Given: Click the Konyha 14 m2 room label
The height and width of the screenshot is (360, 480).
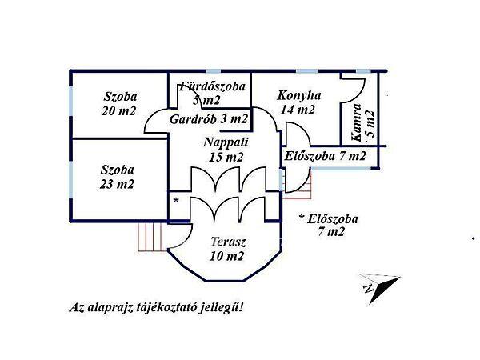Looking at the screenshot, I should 299,102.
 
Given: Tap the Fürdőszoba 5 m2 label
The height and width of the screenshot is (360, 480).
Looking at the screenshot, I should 212,93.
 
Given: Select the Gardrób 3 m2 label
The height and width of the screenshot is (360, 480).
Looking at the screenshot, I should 209,118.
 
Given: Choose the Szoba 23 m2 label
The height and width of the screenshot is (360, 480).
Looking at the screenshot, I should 118,177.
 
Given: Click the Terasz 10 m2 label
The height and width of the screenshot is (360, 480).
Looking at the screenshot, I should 228,249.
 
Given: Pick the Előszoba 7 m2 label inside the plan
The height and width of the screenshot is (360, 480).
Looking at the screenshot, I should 325,156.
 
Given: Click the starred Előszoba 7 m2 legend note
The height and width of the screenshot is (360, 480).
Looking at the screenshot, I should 330,225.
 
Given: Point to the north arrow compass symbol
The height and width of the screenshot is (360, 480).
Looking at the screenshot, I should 377,286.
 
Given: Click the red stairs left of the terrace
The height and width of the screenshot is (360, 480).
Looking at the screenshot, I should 150,235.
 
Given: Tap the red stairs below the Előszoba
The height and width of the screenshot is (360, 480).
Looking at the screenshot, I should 299,190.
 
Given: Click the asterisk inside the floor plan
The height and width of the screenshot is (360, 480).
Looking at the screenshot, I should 176,198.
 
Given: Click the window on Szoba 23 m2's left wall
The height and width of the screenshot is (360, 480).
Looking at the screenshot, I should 72,178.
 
